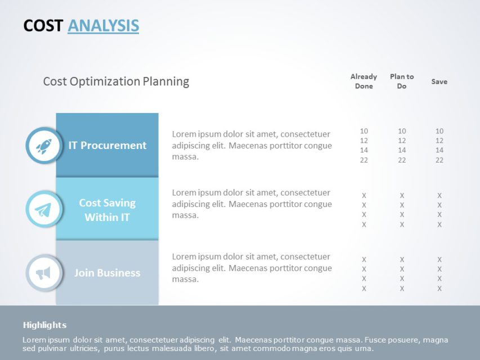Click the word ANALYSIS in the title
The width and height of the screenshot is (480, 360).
pyautogui.click(x=103, y=25)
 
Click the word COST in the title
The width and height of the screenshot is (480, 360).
pyautogui.click(x=43, y=25)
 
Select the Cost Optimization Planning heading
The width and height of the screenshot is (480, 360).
pyautogui.click(x=116, y=82)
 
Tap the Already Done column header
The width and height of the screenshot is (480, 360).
pyautogui.click(x=364, y=81)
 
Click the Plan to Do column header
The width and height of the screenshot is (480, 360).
pyautogui.click(x=402, y=81)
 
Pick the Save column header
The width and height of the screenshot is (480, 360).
pyautogui.click(x=439, y=82)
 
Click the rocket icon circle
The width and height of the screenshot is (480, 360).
pyautogui.click(x=43, y=146)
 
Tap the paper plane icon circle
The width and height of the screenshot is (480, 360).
pyautogui.click(x=43, y=209)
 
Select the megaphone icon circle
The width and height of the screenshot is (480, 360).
pyautogui.click(x=43, y=273)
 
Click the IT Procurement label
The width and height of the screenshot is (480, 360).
pyautogui.click(x=107, y=145)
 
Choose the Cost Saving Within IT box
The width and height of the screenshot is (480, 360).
pyautogui.click(x=107, y=209)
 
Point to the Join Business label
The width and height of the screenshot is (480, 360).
pyautogui.click(x=107, y=273)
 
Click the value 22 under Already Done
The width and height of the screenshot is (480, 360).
pyautogui.click(x=364, y=160)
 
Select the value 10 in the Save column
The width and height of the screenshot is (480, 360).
pyautogui.click(x=439, y=131)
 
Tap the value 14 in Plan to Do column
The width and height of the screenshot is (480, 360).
pyautogui.click(x=402, y=150)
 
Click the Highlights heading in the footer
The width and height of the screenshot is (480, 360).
pyautogui.click(x=44, y=325)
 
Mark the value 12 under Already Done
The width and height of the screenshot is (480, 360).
pyautogui.click(x=364, y=141)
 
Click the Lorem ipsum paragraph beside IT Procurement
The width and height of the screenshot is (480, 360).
pyautogui.click(x=252, y=145)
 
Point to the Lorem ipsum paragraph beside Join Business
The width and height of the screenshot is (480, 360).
pyautogui.click(x=252, y=268)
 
